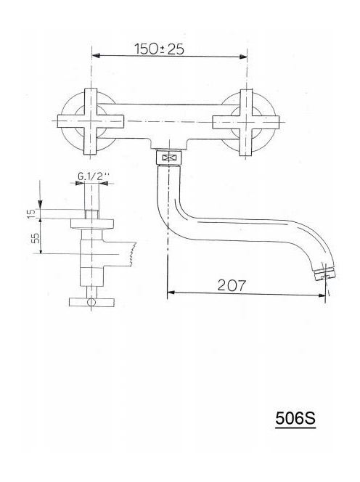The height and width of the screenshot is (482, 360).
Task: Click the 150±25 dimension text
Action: (x=159, y=49)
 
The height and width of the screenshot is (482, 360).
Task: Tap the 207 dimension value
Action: (x=232, y=285)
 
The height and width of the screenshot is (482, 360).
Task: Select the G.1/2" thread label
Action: (x=94, y=176)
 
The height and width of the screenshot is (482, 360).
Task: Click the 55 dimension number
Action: (x=36, y=237)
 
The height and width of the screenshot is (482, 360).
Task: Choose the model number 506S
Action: (x=295, y=418)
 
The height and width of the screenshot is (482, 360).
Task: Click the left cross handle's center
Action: (x=91, y=121)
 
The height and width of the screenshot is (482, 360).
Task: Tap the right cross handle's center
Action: (x=246, y=122)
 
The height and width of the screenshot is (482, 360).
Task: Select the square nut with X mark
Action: (x=169, y=158)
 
